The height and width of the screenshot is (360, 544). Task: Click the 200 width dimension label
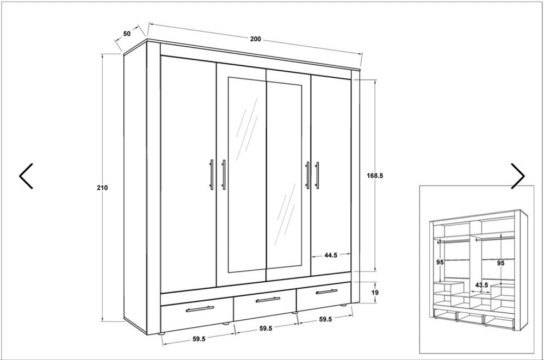coord(255,39)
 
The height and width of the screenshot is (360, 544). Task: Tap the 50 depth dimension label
coord(127,34)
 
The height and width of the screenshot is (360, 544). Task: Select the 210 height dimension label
coord(102,188)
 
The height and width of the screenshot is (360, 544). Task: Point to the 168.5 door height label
coord(375,176)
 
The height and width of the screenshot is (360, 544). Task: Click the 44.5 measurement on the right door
coord(331,255)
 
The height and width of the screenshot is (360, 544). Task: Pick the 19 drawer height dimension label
coord(375,293)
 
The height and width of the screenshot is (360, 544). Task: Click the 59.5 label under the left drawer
coord(199,339)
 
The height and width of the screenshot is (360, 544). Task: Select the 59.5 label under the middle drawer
coord(266,328)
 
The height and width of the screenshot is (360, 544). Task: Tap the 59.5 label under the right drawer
coord(325,319)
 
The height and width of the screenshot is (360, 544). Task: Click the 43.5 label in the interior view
coord(481,285)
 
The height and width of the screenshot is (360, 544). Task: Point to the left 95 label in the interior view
coord(440,262)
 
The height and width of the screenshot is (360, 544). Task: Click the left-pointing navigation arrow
coord(26,176)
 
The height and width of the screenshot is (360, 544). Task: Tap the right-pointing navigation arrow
coord(518,176)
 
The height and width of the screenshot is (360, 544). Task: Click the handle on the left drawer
coord(200,309)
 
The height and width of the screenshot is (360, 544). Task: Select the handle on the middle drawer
coord(268,300)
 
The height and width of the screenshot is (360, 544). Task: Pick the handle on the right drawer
coord(327,291)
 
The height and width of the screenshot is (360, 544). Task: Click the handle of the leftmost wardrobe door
coord(211,175)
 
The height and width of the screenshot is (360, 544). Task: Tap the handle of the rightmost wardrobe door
coord(317,176)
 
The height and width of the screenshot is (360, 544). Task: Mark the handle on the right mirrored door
coord(307,176)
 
